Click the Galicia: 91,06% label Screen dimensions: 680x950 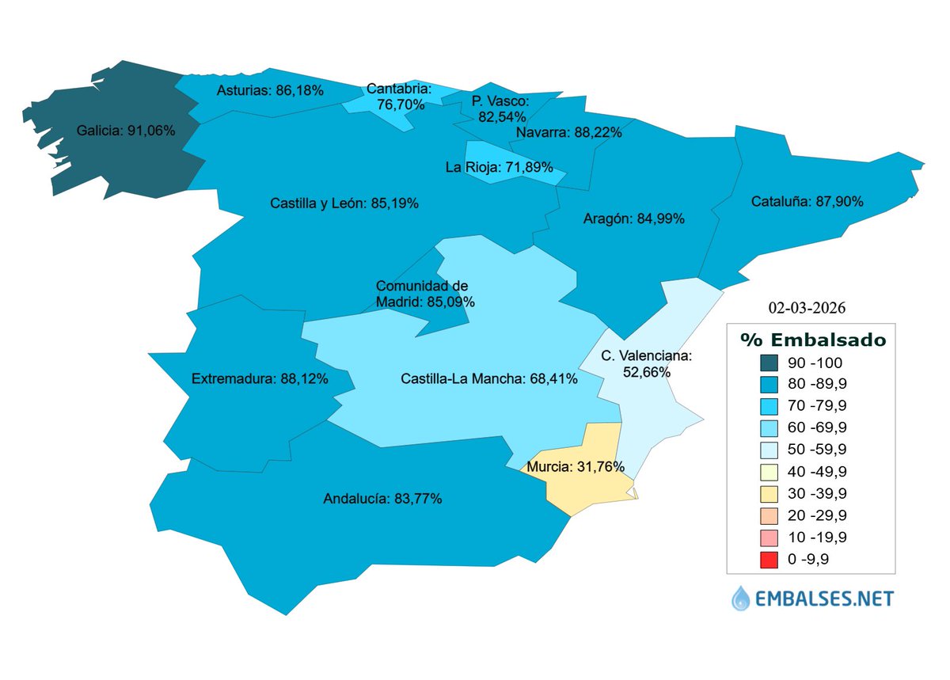click(125, 130)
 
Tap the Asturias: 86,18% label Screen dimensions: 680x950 click(270, 91)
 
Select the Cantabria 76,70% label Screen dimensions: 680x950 click(400, 97)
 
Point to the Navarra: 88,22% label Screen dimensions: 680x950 click(568, 133)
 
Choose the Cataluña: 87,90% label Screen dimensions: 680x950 click(807, 201)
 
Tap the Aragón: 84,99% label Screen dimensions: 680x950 click(633, 218)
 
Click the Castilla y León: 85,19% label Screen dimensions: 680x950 click(344, 203)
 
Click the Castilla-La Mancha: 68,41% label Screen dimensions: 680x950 click(488, 379)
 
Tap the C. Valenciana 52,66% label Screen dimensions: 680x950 click(646, 363)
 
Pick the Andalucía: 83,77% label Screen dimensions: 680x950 click(382, 499)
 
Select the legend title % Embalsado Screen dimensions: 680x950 click(812, 340)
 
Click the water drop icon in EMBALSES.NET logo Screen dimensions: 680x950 click(741, 598)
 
